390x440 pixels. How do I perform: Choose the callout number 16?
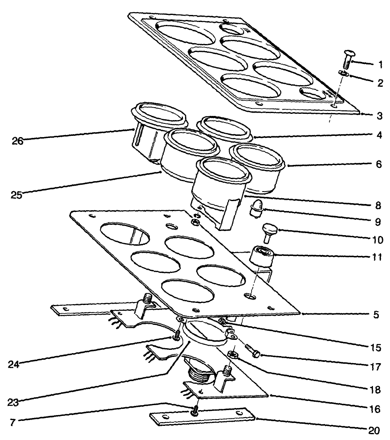click(x=375, y=409)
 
